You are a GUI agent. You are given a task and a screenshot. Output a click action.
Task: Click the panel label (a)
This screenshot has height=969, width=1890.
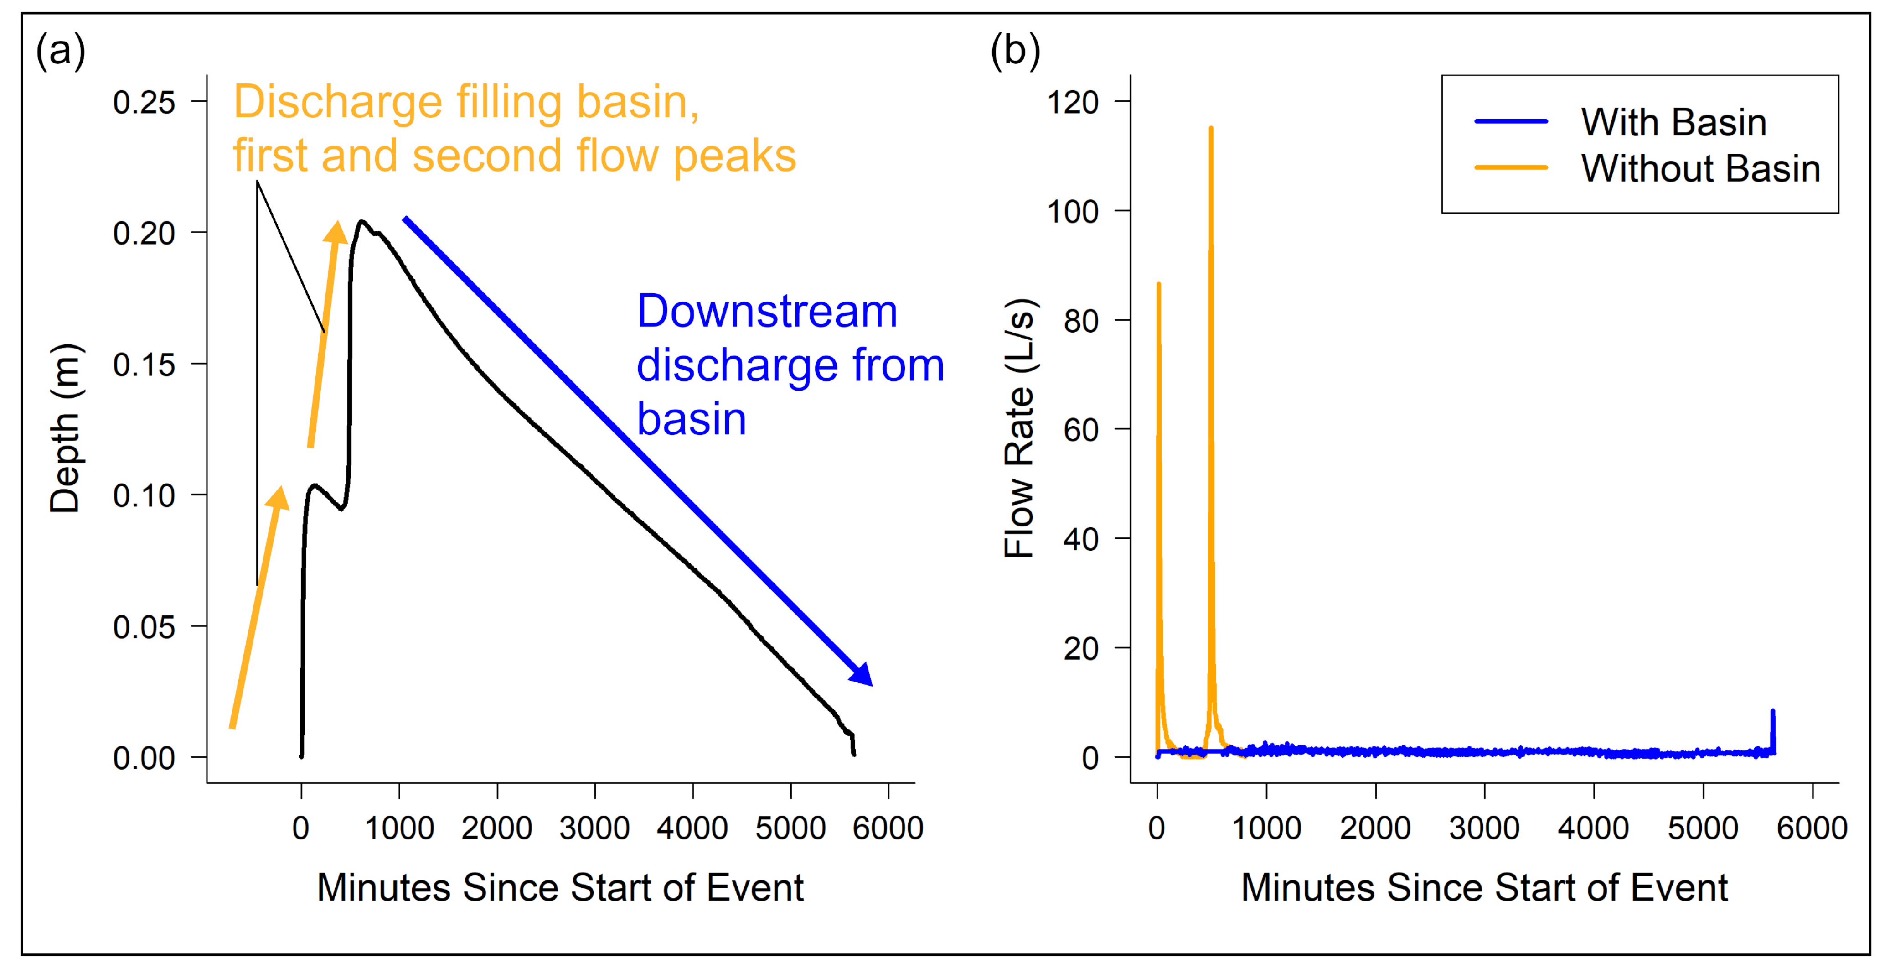tap(61, 52)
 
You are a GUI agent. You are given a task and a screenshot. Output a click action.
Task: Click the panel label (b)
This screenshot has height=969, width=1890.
tap(1016, 52)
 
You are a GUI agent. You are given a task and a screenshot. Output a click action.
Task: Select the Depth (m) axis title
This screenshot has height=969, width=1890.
tap(65, 428)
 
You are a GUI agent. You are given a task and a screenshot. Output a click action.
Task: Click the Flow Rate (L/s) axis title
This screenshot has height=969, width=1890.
tap(1019, 428)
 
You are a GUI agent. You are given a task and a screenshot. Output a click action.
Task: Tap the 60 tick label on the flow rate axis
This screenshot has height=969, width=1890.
tap(1081, 429)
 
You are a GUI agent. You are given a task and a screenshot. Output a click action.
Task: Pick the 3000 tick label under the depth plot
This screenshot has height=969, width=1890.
tap(594, 828)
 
